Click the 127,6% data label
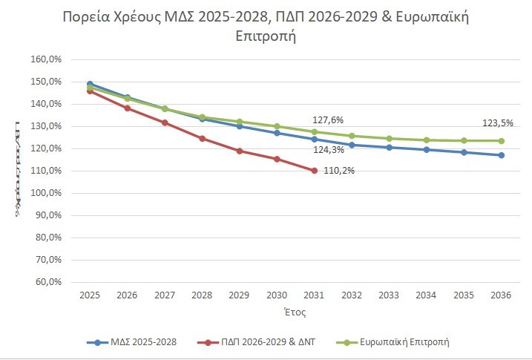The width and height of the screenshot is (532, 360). tap(326, 119)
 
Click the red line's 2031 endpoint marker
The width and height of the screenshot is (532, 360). tap(315, 171)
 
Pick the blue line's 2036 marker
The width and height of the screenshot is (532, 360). tap(502, 155)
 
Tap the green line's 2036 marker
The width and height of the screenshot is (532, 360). tap(502, 141)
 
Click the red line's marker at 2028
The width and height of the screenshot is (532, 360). tap(203, 139)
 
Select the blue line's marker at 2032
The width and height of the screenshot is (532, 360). tap(352, 145)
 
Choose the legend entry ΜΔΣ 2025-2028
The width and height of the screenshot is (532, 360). tap(133, 342)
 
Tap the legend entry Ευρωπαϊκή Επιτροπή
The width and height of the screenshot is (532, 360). tap(395, 342)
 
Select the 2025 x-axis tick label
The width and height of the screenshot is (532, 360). tap(90, 295)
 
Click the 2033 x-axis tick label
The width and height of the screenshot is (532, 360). tap(390, 295)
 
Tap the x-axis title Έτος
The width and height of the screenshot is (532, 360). tap(295, 313)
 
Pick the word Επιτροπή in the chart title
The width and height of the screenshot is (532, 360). tap(265, 36)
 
